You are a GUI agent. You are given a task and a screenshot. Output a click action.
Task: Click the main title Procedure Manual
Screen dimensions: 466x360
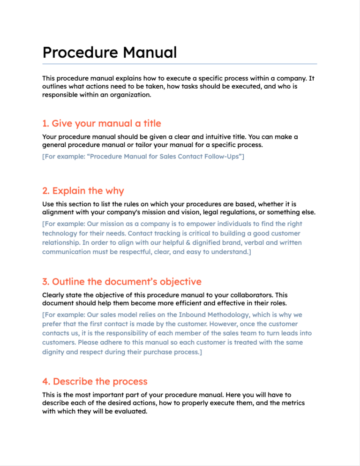109,52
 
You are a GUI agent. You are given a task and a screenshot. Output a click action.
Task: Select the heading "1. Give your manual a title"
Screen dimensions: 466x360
101,124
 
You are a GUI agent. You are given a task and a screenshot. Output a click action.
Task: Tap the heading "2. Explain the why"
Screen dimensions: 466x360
83,191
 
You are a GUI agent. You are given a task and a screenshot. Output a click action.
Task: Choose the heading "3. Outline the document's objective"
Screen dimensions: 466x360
122,282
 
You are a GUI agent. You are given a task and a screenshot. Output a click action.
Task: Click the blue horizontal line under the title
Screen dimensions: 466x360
180,63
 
